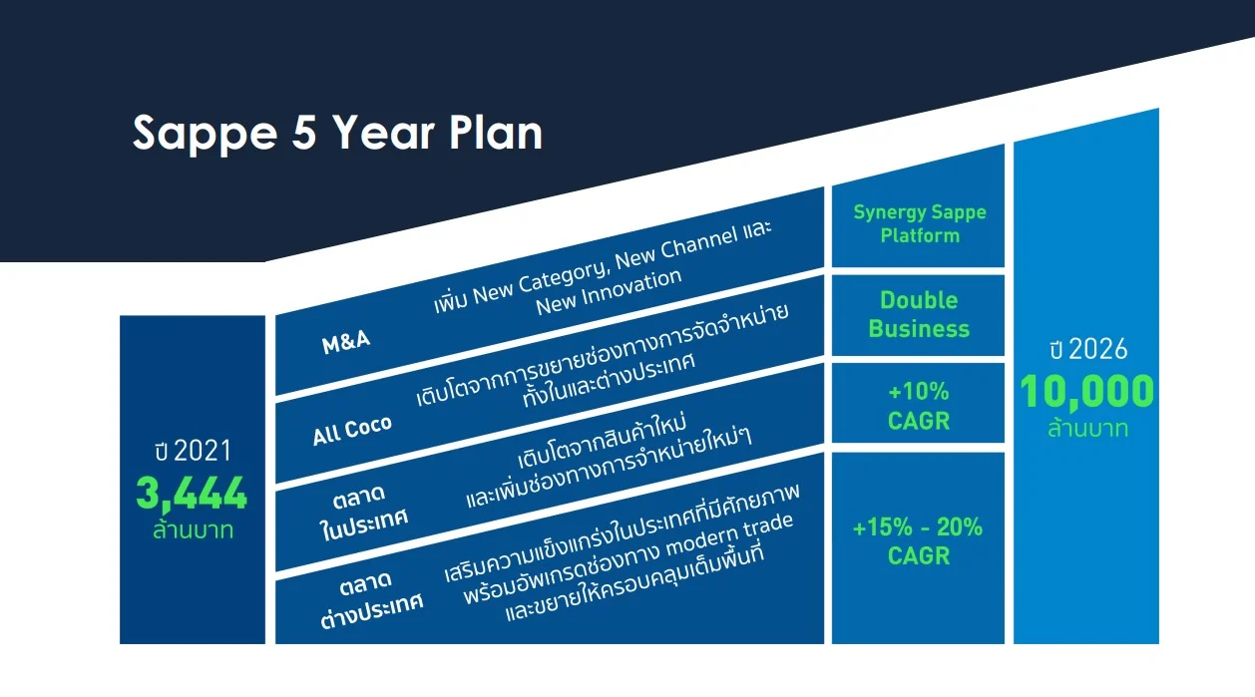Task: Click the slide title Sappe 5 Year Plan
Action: (337, 134)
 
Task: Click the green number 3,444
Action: (192, 494)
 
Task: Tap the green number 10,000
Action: (1086, 391)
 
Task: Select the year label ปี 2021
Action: (193, 451)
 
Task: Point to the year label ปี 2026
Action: (1088, 349)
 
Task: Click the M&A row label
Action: (346, 341)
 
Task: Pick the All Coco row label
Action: (352, 431)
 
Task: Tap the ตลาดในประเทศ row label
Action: (363, 513)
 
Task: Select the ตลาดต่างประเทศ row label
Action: (371, 600)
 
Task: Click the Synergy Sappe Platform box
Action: (918, 225)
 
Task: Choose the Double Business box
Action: (918, 315)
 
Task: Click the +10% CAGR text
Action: (919, 406)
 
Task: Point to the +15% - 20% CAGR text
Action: (918, 541)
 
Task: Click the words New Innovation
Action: (609, 292)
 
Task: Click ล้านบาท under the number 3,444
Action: (193, 529)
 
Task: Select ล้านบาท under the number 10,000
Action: (1088, 429)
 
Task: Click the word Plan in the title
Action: (496, 134)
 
